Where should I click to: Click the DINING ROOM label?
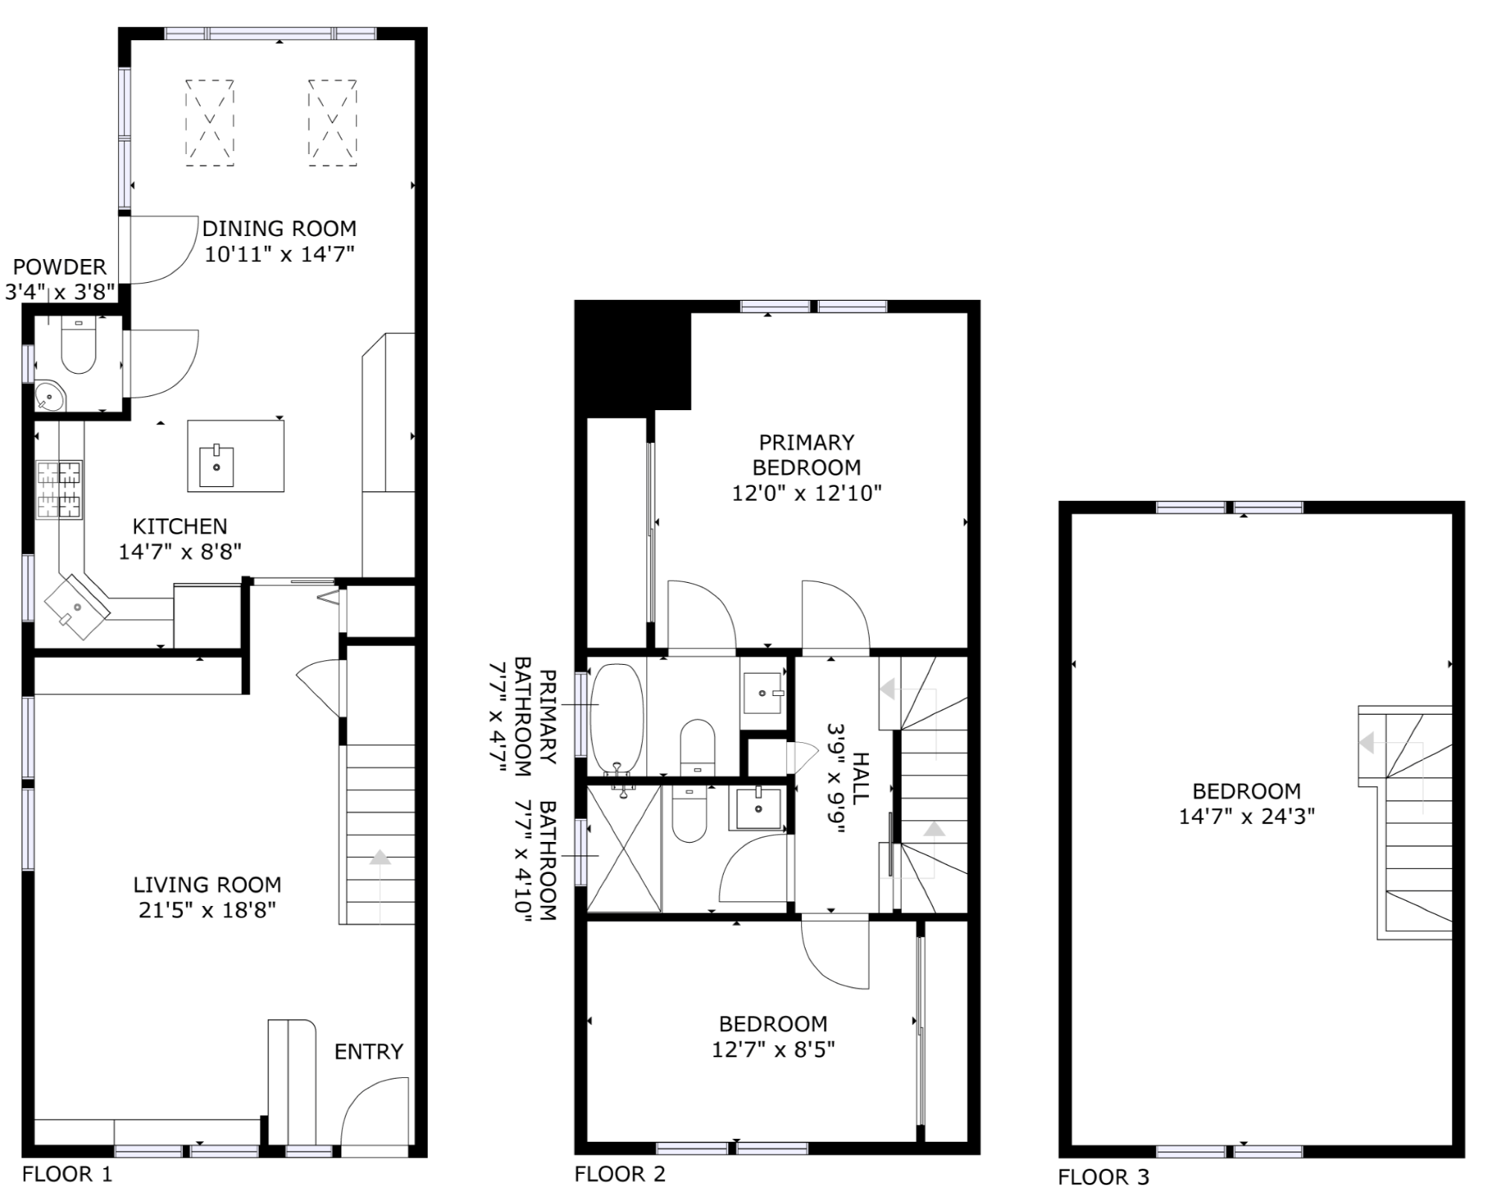tap(279, 228)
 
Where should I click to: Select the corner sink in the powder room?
tap(49, 396)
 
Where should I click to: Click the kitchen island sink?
tap(217, 467)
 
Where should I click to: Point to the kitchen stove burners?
tap(60, 490)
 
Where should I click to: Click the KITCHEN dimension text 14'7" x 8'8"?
tap(180, 552)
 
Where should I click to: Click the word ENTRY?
tap(368, 1051)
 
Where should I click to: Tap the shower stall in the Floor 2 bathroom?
tap(624, 849)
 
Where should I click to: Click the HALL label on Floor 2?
tap(859, 778)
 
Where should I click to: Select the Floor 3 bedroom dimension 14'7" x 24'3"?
tap(1246, 817)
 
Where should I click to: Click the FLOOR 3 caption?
tap(1103, 1177)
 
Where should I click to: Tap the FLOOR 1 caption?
tap(67, 1174)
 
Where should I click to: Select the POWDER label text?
tap(60, 267)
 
